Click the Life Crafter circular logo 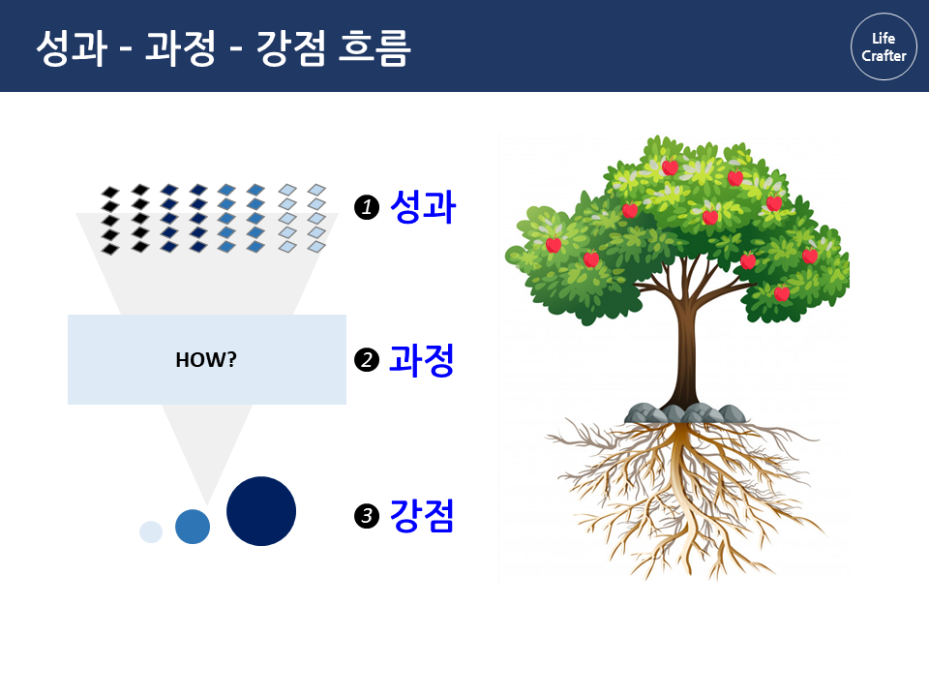(x=884, y=46)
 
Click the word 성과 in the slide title (x=72, y=47)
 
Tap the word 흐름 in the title (x=375, y=47)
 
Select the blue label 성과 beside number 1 (x=423, y=207)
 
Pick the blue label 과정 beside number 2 (x=422, y=360)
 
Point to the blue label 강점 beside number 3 (x=422, y=515)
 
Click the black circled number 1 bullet (x=367, y=207)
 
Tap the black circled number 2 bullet (x=367, y=360)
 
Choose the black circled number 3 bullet (x=367, y=516)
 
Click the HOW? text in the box (x=206, y=360)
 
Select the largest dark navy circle (x=261, y=511)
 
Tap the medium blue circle (x=193, y=527)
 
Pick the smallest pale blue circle (x=151, y=531)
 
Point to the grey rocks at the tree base (x=685, y=413)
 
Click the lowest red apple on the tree (x=782, y=292)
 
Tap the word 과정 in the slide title (x=181, y=47)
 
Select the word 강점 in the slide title (x=291, y=47)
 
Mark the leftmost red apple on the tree (x=554, y=244)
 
